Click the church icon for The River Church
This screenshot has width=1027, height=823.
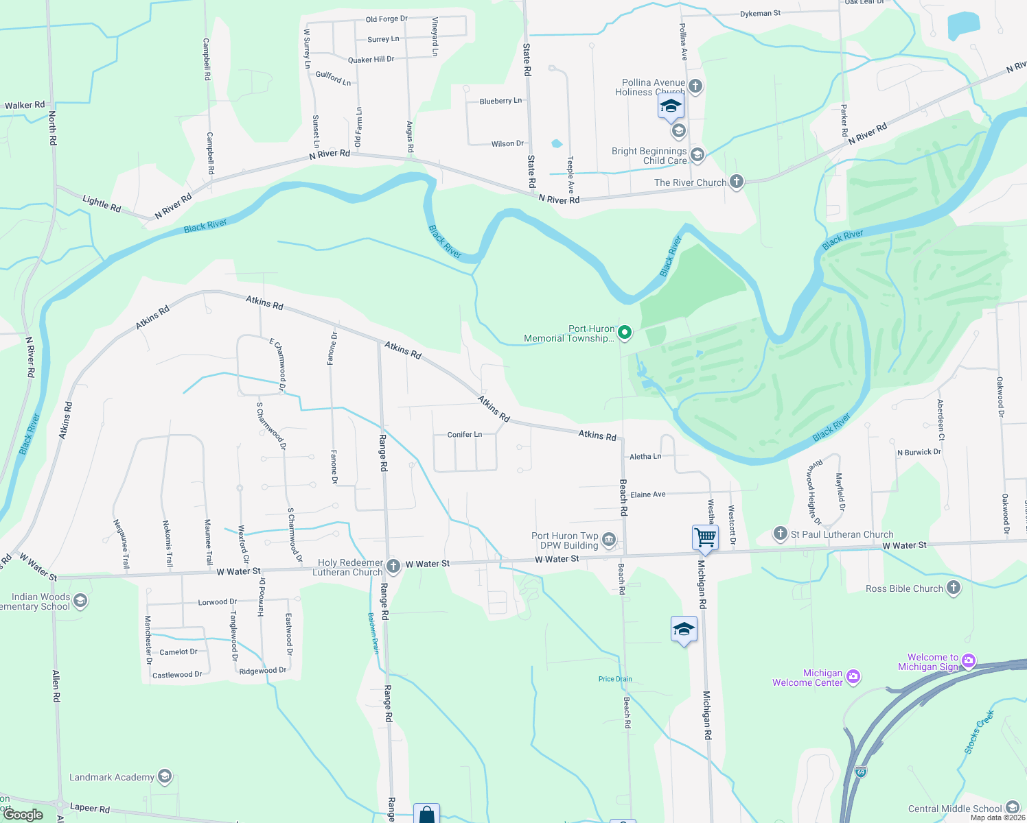coord(736,182)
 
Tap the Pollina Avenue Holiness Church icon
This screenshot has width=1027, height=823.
coord(695,86)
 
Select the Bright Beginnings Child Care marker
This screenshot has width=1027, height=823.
coord(697,155)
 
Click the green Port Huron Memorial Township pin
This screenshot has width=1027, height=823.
coord(625,333)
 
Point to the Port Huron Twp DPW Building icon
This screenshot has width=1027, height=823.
coord(608,540)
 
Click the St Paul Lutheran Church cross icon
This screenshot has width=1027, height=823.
coord(780,534)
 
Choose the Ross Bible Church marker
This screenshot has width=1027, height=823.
coord(953,588)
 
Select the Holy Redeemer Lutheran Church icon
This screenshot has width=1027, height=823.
coord(393,566)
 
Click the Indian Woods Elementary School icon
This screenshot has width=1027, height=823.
coord(80,601)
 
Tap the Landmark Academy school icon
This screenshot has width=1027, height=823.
coord(164,776)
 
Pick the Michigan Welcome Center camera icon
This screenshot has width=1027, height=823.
coord(853,677)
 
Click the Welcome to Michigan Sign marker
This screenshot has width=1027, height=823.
coord(969,661)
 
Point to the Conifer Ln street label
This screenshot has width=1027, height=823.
coord(465,435)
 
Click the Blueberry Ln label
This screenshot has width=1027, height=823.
coord(500,101)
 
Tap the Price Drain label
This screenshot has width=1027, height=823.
coord(615,679)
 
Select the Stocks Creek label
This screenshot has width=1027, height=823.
coord(979,732)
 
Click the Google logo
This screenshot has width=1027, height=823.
coord(24,815)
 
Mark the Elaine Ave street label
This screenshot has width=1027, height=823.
coord(648,494)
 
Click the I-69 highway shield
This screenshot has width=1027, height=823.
coord(861,772)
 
